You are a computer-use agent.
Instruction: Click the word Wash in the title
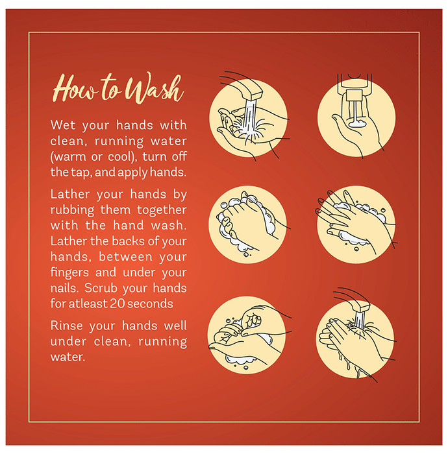click(x=155, y=88)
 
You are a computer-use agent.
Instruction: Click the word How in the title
click(x=75, y=88)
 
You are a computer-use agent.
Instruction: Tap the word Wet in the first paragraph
click(x=63, y=125)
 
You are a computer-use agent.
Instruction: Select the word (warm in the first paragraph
click(x=68, y=157)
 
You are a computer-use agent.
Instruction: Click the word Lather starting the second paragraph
click(x=70, y=194)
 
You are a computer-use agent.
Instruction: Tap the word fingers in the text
click(x=69, y=273)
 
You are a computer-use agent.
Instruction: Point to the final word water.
click(x=68, y=357)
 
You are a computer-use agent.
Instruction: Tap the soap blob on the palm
click(x=358, y=124)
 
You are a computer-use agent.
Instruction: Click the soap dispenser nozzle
click(x=354, y=95)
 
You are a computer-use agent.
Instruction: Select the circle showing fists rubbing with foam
click(x=248, y=224)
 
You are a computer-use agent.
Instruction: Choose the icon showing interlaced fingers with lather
click(x=356, y=224)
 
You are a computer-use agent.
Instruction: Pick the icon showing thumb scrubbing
click(x=247, y=335)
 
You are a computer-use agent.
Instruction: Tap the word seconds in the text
click(x=150, y=304)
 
